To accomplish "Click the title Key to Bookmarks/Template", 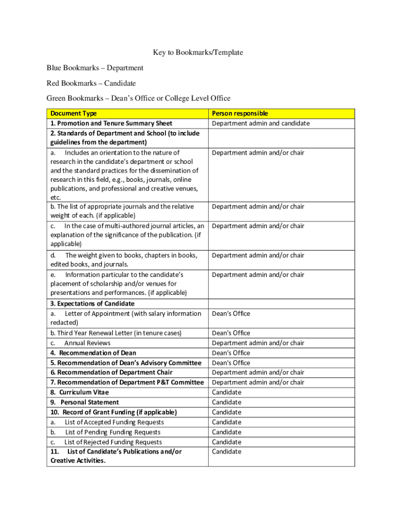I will [x=197, y=52].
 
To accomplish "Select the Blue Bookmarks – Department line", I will [x=95, y=68].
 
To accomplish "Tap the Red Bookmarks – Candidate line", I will [x=91, y=83].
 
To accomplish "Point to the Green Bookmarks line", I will [x=138, y=98].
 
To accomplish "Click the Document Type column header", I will [x=74, y=114].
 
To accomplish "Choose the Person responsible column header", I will [x=240, y=114].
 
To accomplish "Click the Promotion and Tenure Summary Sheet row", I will [x=111, y=123].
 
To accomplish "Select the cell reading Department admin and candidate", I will [x=261, y=123].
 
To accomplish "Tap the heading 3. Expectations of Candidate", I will [x=93, y=304].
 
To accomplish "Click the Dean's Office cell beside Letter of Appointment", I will [x=231, y=313].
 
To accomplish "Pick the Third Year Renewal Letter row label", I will [x=116, y=333].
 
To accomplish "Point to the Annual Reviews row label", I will [x=87, y=343].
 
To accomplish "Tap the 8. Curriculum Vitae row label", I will [x=80, y=392].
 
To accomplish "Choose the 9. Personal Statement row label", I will [x=85, y=402].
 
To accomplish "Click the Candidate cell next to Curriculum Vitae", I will [x=226, y=392].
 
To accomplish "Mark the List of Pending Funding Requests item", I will [x=112, y=432].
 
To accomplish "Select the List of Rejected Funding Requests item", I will [x=113, y=442].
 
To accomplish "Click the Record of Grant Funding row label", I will [x=114, y=412].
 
